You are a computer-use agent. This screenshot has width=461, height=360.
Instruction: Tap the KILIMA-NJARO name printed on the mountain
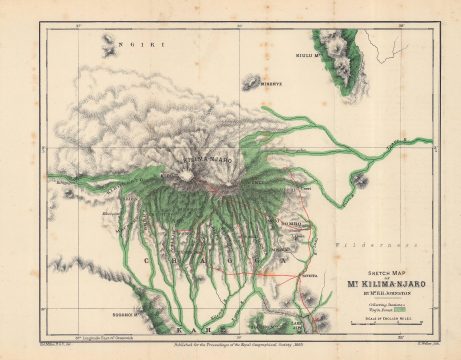(x=205, y=159)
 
